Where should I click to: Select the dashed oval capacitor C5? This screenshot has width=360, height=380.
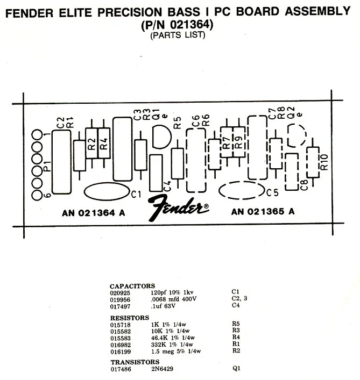point(242,191)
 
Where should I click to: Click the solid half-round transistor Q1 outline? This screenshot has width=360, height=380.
point(161,137)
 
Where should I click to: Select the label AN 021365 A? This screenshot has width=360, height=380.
point(263,212)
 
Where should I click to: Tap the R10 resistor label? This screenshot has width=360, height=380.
point(324,162)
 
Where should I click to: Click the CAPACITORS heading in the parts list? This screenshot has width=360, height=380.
point(132,286)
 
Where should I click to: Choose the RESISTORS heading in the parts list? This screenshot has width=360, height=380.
point(130,318)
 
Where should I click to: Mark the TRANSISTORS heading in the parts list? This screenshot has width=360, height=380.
point(135,362)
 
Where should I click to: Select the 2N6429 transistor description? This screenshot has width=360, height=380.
point(164,369)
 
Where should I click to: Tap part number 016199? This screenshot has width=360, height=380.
point(121,351)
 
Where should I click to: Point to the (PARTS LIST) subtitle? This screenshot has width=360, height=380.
point(178,35)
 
